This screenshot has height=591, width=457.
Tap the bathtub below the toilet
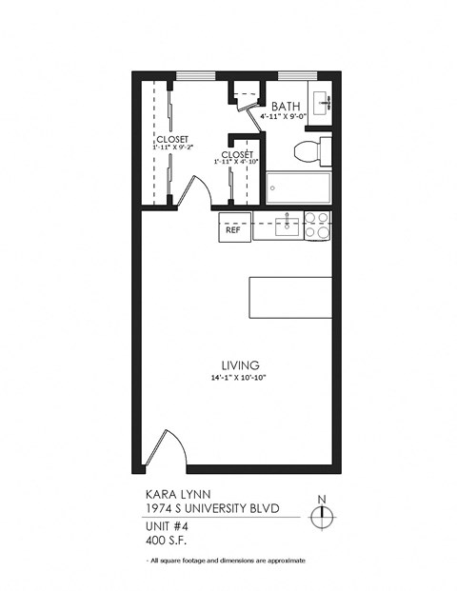[x=298, y=187]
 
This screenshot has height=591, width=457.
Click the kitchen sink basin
[x=288, y=226]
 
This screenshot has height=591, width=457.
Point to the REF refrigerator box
[x=232, y=229]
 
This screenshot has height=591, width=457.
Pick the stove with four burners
[x=317, y=225]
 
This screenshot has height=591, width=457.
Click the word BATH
[x=287, y=107]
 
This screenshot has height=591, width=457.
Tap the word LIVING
[x=241, y=364]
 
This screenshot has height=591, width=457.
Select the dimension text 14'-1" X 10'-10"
[x=241, y=379]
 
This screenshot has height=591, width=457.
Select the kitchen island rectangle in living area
[x=290, y=297]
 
